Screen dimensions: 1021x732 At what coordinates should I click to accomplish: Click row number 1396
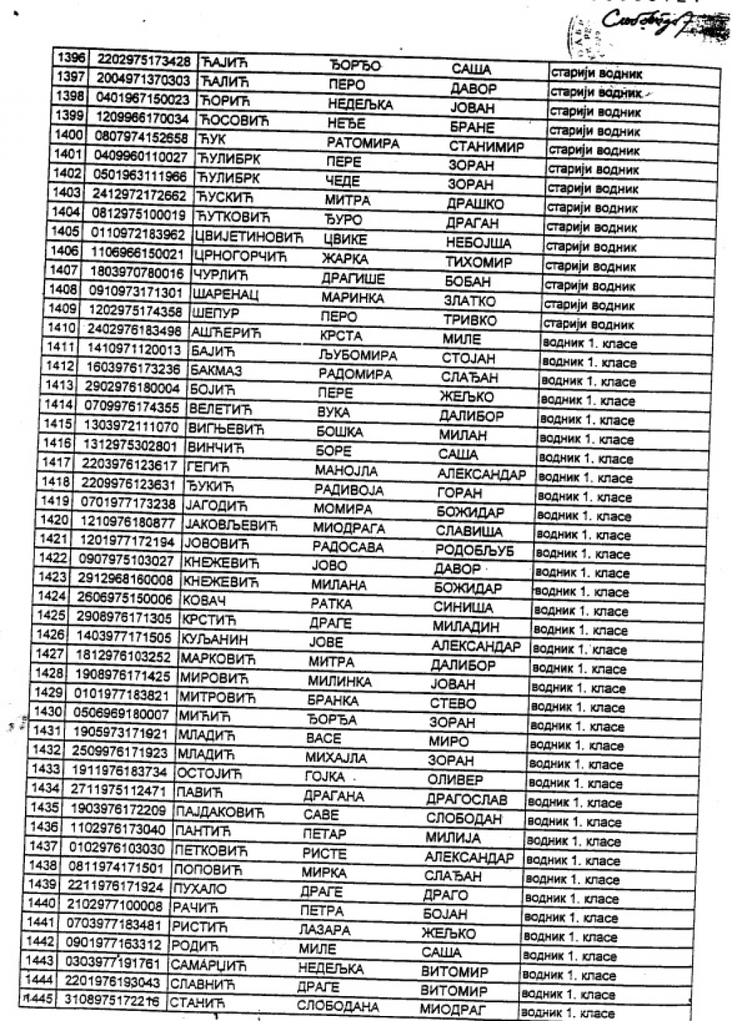click(70, 59)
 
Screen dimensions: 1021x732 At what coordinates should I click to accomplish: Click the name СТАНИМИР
click(486, 147)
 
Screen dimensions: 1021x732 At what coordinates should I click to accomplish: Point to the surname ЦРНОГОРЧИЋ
click(239, 255)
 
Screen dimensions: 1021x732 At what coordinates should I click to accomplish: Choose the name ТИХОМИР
click(478, 263)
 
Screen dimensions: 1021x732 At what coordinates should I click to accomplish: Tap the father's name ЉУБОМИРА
click(357, 355)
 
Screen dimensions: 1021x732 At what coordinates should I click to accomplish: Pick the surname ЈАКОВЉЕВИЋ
click(231, 526)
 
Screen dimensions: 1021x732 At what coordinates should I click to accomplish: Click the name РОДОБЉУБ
click(473, 551)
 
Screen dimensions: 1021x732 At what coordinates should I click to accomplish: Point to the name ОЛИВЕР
click(455, 780)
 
